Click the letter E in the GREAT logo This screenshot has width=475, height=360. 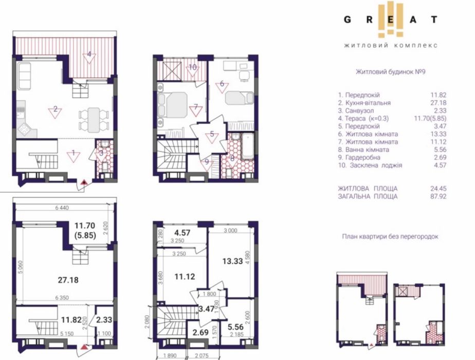(x=391, y=20)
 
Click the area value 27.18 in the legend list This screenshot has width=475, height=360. (x=438, y=103)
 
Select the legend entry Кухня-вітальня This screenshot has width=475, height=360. (x=364, y=103)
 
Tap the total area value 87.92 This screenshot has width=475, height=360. (x=438, y=196)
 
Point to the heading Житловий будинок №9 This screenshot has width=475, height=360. (x=391, y=72)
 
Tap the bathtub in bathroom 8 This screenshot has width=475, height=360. (x=247, y=147)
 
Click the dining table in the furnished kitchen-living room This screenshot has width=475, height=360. (x=94, y=120)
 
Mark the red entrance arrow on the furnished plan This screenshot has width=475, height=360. (x=84, y=182)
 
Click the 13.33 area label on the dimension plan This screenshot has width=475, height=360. (x=232, y=261)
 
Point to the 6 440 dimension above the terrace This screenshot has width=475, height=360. (x=62, y=208)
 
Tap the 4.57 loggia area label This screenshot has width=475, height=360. (x=182, y=233)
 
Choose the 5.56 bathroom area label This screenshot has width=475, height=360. (x=235, y=327)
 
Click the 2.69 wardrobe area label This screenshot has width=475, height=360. (x=200, y=332)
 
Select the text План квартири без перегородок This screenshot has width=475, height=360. (x=390, y=237)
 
